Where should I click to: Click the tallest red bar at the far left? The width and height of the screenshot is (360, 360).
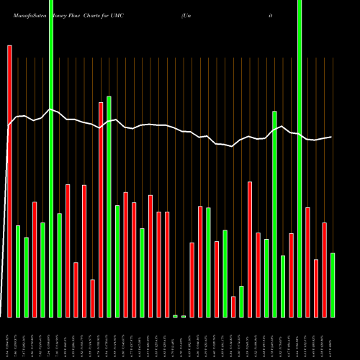click(x=9, y=180)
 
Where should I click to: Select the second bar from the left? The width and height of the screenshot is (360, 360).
click(x=18, y=271)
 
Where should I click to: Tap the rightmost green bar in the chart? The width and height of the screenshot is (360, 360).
click(x=333, y=284)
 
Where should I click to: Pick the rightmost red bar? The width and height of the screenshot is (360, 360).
click(x=324, y=270)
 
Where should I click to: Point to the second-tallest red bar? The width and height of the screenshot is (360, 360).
click(x=101, y=210)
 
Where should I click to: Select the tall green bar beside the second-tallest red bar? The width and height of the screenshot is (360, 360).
click(x=109, y=207)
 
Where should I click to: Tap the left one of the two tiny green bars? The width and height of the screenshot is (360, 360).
click(x=175, y=316)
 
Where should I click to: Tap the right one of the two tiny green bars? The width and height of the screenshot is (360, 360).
click(x=184, y=316)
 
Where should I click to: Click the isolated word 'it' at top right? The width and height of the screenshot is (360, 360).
click(x=270, y=14)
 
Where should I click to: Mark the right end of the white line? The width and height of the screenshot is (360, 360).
click(x=332, y=137)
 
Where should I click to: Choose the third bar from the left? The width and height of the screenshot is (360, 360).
click(x=27, y=277)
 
